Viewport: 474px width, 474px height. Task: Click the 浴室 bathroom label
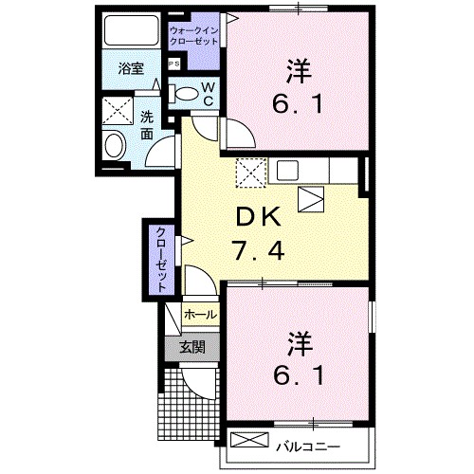click(130, 69)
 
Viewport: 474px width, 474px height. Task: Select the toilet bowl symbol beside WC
click(186, 94)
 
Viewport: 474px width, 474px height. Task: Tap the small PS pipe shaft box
click(173, 64)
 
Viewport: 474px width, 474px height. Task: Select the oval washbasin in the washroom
click(115, 147)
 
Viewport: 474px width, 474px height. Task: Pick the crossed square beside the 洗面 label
click(118, 112)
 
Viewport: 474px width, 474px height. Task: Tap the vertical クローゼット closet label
click(161, 259)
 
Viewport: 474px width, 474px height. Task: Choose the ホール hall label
click(200, 314)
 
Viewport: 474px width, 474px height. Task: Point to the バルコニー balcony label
click(309, 444)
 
